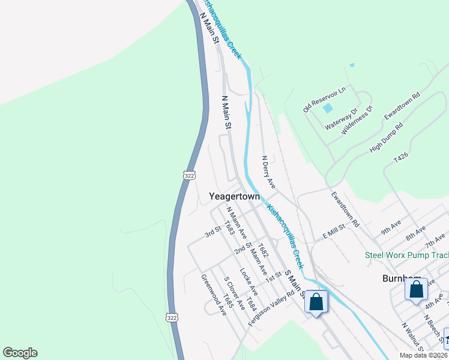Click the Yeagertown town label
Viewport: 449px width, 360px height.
[x=234, y=196]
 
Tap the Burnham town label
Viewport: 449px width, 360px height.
[x=400, y=279]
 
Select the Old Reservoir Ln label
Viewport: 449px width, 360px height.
[x=325, y=100]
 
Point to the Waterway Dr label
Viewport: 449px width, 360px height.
[x=341, y=119]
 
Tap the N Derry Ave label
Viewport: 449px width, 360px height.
[x=268, y=172]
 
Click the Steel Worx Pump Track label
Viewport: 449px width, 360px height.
[x=406, y=256]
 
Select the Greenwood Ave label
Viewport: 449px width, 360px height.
[x=213, y=295]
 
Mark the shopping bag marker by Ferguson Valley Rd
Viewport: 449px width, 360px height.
[x=316, y=302]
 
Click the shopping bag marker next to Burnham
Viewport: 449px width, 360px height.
[x=416, y=290]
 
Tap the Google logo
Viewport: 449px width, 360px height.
[x=20, y=353]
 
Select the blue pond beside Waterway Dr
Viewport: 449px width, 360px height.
[x=327, y=109]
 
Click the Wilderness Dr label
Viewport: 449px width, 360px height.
[x=357, y=119]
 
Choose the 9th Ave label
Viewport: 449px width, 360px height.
[x=390, y=227]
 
